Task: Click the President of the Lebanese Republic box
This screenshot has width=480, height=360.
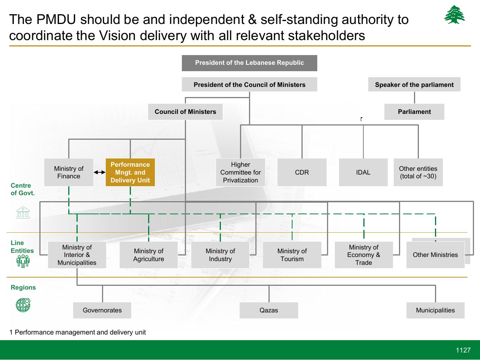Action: coord(249,63)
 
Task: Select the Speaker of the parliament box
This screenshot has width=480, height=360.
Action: coord(414,84)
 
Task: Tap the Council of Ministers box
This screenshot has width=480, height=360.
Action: coord(185,112)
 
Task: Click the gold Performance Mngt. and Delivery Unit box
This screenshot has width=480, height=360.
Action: coord(130,172)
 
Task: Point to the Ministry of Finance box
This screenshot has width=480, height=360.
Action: coord(69,172)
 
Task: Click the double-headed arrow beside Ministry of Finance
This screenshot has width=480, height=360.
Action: coord(99,172)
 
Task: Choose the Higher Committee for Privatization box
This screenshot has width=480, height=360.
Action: coord(240,172)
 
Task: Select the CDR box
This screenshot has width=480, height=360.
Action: coord(302,172)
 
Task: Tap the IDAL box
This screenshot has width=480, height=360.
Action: coord(363,172)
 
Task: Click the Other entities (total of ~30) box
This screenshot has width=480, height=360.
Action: coord(418,172)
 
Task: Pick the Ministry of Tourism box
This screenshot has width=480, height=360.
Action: coord(292,255)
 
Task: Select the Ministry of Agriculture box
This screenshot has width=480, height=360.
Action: coord(148,255)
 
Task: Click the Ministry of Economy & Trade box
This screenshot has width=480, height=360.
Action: coord(364,255)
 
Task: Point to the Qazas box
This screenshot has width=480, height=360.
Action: coord(269,310)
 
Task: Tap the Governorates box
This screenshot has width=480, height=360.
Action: coord(102,310)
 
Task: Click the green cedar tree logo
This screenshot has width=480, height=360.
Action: coord(454,14)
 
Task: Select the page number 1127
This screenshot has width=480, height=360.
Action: coord(463,350)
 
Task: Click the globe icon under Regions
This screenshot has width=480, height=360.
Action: coord(23,305)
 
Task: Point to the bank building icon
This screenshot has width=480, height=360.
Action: coord(23,212)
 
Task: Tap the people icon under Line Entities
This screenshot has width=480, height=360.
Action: coord(23,261)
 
